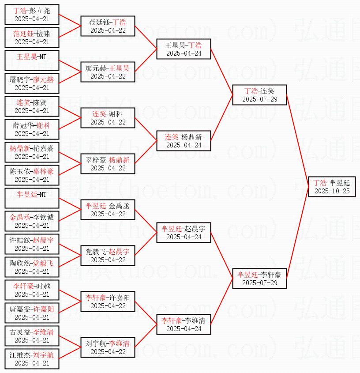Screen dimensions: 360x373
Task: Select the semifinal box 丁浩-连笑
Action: coord(259,95)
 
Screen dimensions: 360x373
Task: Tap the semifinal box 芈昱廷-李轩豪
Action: coord(259,279)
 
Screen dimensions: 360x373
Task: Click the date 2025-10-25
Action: coord(332,191)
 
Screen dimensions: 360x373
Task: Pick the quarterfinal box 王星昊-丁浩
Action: coord(184,49)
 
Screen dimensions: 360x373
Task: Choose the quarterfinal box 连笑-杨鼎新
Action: coord(184,141)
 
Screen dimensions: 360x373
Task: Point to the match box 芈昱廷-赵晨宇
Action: coord(184,233)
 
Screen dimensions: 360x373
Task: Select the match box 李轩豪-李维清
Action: coord(184,324)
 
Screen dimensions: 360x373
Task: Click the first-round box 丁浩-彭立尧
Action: coord(32,15)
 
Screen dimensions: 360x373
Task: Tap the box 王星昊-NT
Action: coord(32,60)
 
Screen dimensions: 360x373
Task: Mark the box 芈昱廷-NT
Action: coord(32,198)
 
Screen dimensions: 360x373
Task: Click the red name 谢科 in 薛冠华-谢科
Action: coord(43,125)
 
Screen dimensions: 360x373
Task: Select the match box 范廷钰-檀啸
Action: coord(32,38)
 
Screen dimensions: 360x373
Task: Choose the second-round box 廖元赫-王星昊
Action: coord(108,72)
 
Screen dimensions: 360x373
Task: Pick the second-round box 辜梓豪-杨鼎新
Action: coord(108,164)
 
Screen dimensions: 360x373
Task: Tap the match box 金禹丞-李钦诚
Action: coord(32,221)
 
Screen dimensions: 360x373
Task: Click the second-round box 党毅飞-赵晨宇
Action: coord(108,256)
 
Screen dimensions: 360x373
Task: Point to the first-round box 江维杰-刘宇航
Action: coord(32,359)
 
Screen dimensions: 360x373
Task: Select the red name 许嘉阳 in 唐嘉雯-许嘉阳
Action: coord(44,309)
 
